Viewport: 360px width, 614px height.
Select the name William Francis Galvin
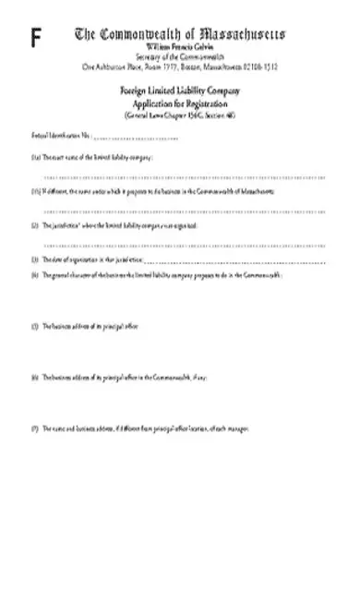pos(180,45)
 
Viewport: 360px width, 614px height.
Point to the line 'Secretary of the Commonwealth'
pos(180,55)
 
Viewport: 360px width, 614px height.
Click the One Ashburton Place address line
pos(180,66)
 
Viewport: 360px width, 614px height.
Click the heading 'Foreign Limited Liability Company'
pos(180,93)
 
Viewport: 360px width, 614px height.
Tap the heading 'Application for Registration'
pos(180,104)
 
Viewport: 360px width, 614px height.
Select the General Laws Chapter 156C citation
pos(180,114)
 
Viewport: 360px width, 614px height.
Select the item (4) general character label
pos(166,275)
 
